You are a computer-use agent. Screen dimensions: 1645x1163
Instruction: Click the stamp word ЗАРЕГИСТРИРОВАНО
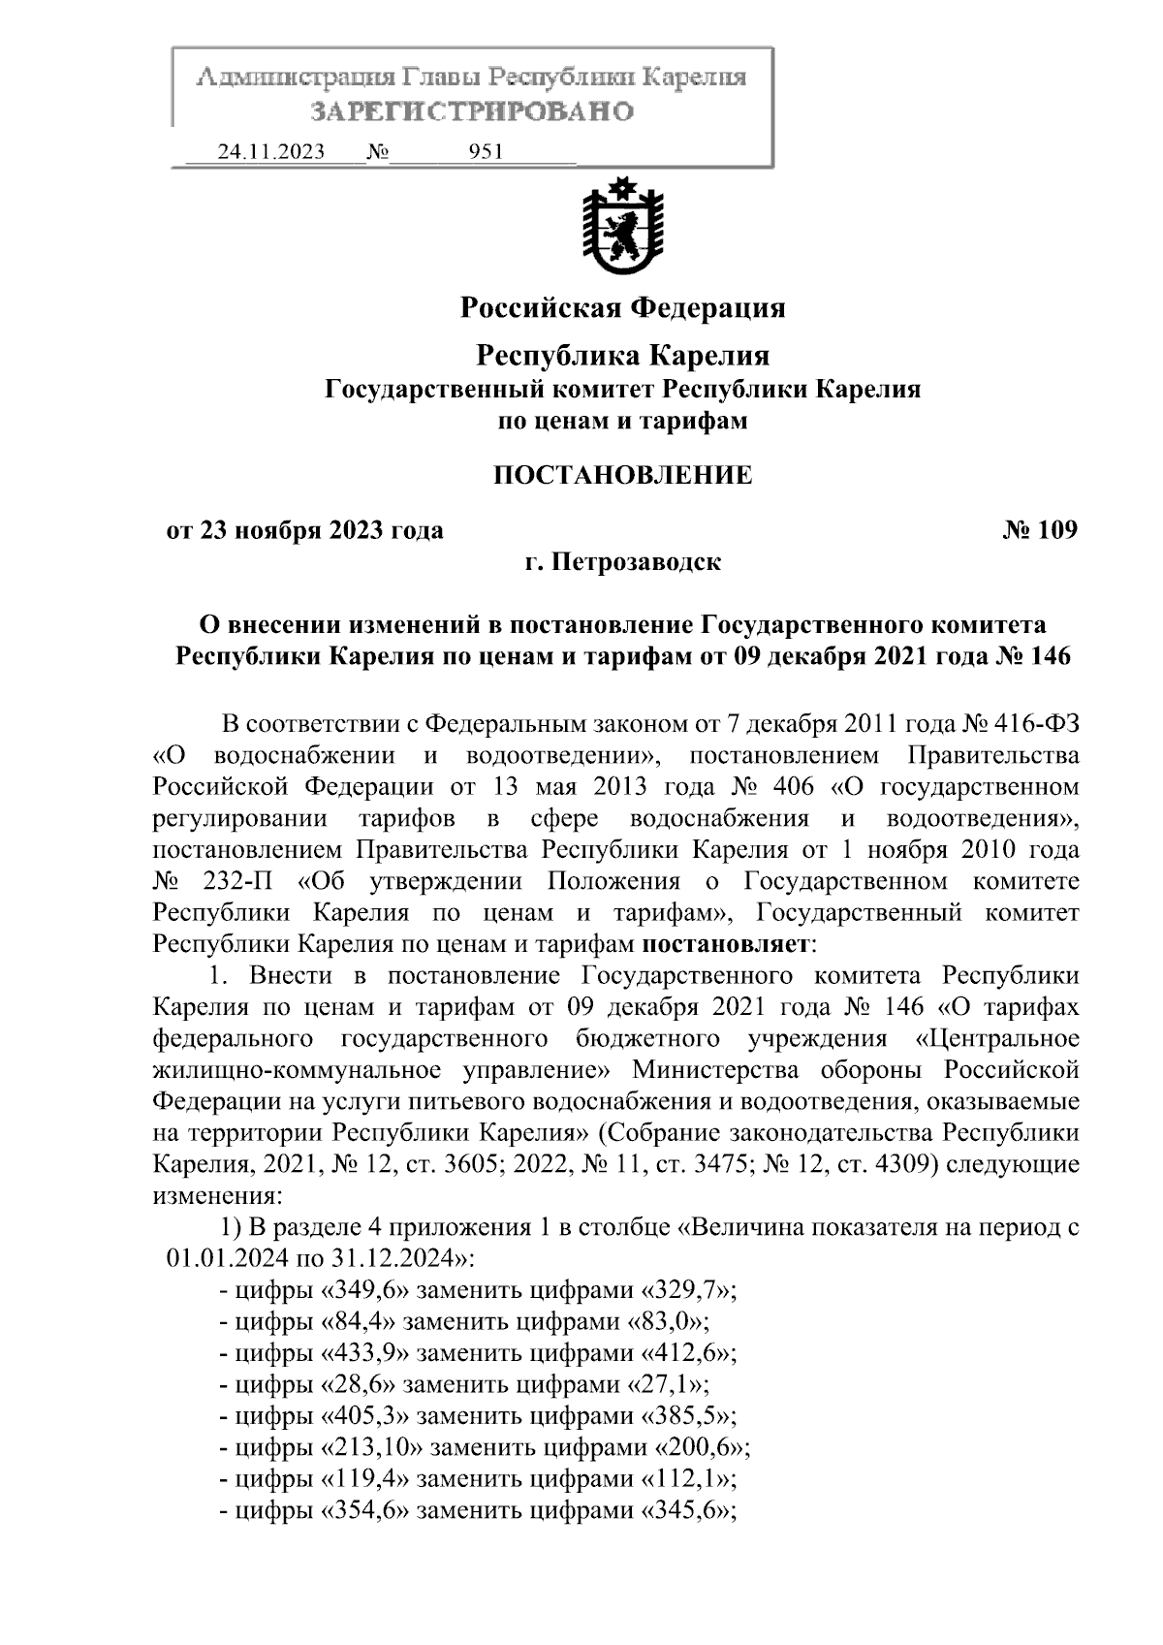pos(472,111)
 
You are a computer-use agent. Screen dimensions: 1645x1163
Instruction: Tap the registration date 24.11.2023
pos(271,152)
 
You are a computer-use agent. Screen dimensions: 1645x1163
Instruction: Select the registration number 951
pos(485,152)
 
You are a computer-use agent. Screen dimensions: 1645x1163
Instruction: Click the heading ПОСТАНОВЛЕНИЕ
pos(622,476)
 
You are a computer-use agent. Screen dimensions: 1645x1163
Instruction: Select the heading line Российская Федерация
pos(622,308)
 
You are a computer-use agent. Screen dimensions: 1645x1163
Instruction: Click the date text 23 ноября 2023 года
pos(321,530)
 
